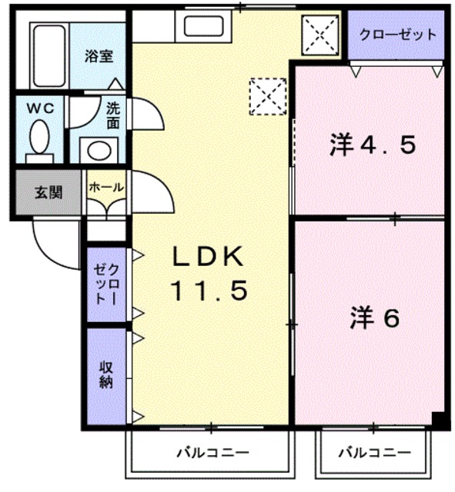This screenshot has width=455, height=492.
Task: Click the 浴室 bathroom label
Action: coord(99,56)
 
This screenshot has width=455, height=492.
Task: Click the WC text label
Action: coord(41,108)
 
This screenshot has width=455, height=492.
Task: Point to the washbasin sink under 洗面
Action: coord(99,148)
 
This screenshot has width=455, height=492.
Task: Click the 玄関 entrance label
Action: coord(48,193)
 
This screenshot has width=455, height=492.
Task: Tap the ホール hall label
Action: coord(105,187)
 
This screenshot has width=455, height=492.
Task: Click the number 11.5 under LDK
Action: coord(209,291)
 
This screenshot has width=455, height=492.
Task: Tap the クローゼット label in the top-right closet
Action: coord(396,35)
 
